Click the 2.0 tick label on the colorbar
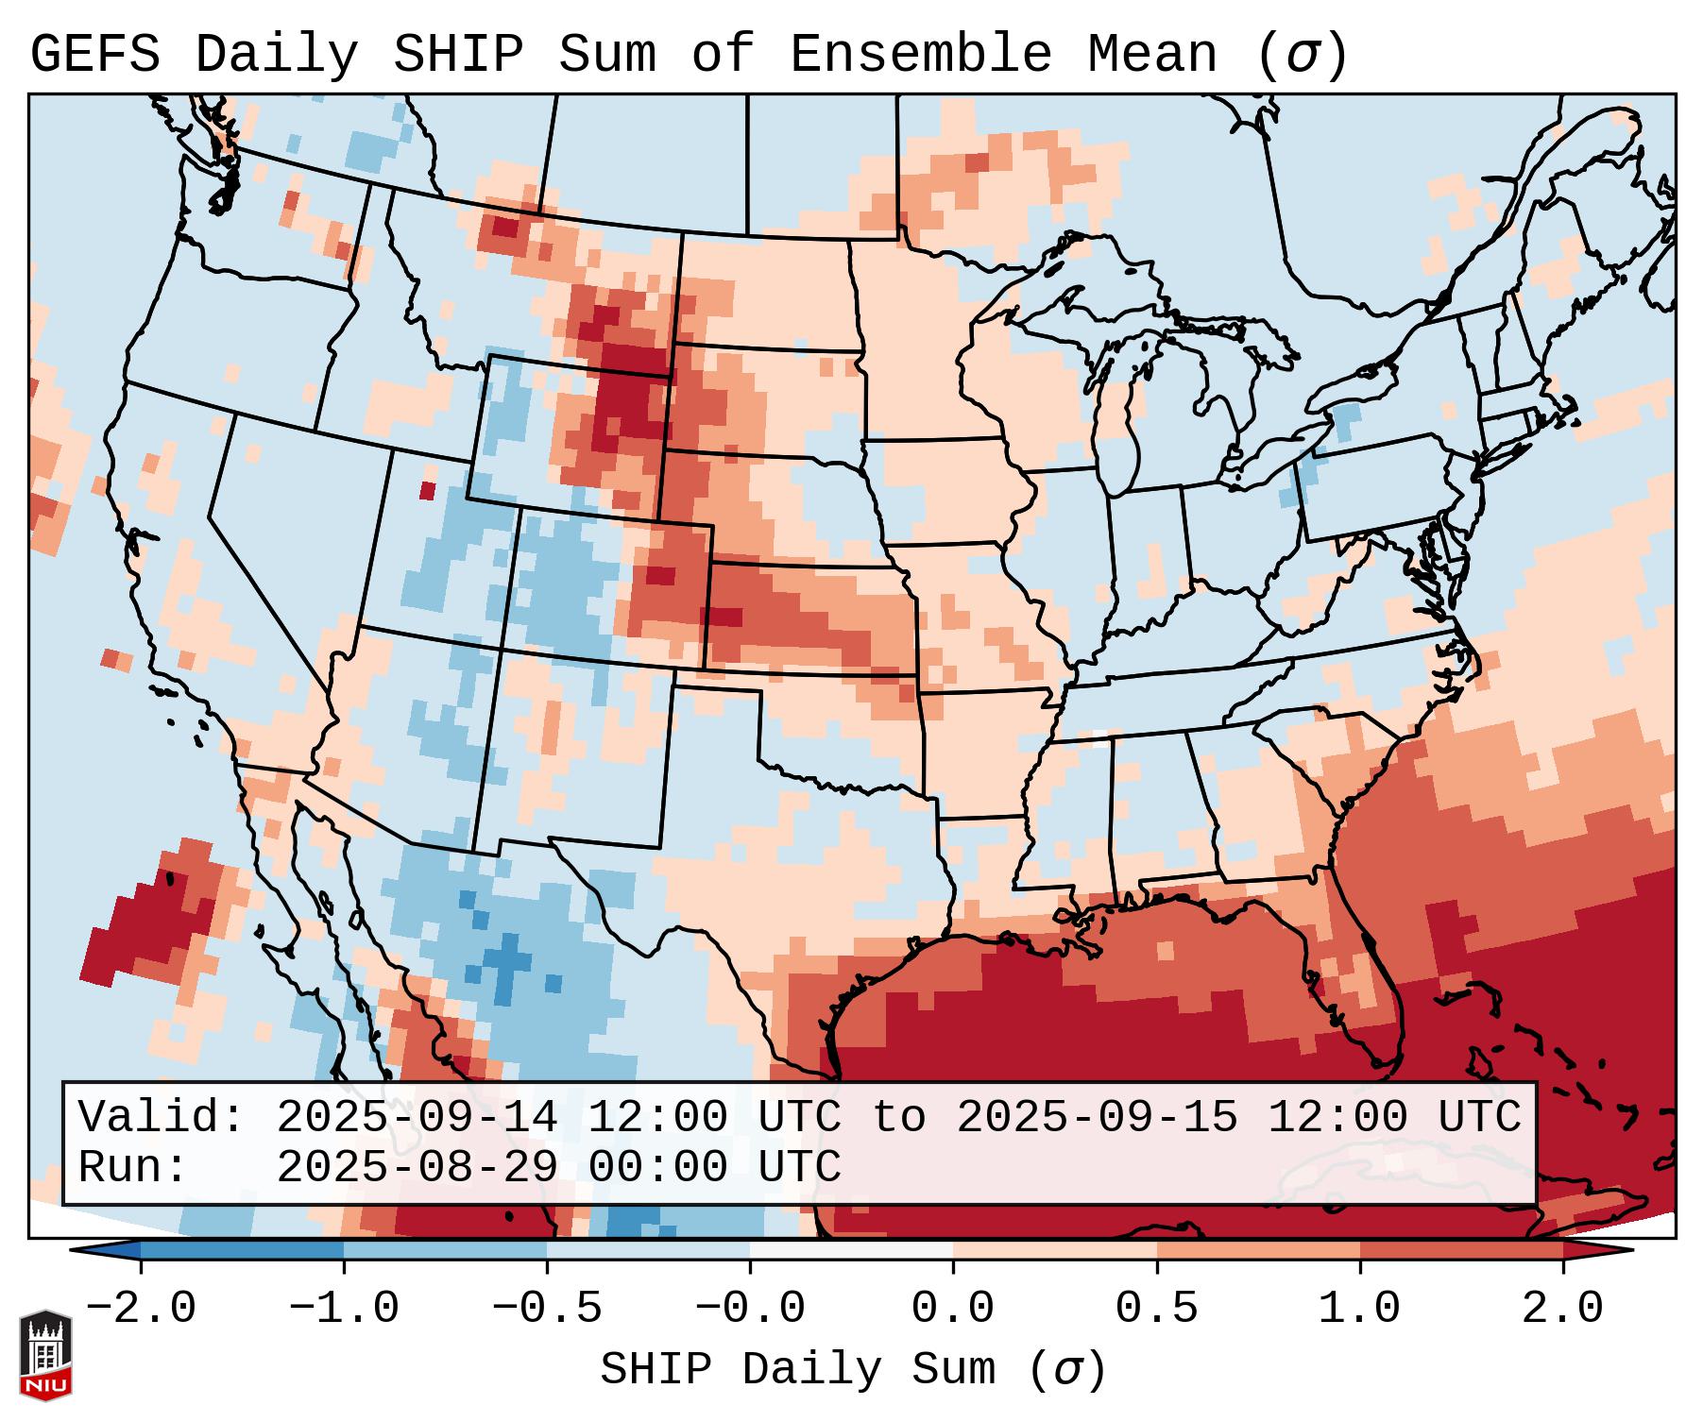point(1562,1309)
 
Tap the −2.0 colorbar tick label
point(141,1309)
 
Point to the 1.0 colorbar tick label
point(1359,1309)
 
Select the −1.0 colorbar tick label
point(344,1309)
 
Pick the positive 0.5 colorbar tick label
point(1156,1309)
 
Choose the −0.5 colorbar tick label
point(547,1309)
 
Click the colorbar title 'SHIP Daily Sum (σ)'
point(852,1370)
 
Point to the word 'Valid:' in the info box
point(162,1118)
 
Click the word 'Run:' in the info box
point(133,1167)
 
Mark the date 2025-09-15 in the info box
point(1098,1118)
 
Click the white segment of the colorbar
point(851,1250)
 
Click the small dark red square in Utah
point(427,491)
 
